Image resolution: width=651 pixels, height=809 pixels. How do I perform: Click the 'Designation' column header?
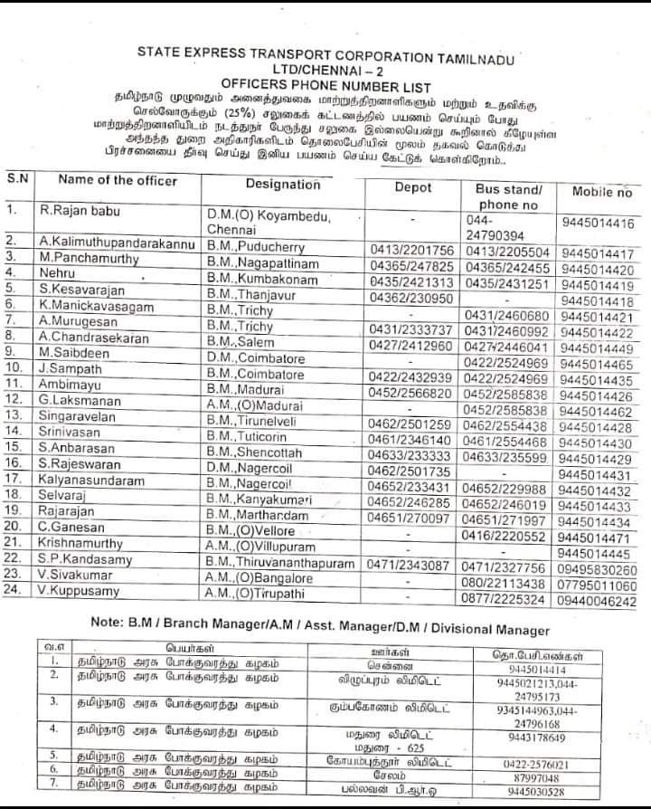(x=282, y=184)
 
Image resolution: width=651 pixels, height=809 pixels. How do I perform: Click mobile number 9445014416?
(x=597, y=224)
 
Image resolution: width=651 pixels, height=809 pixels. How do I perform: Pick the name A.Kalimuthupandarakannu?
(x=117, y=243)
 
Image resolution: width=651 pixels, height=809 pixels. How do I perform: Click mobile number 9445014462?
(x=596, y=412)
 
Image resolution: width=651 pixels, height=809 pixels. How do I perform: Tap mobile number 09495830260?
(x=598, y=570)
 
